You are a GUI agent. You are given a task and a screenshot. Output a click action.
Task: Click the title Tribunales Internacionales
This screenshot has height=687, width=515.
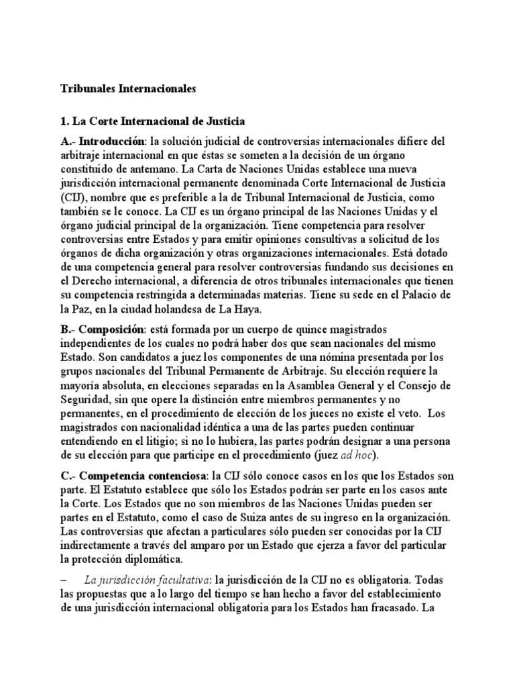[x=128, y=88]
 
